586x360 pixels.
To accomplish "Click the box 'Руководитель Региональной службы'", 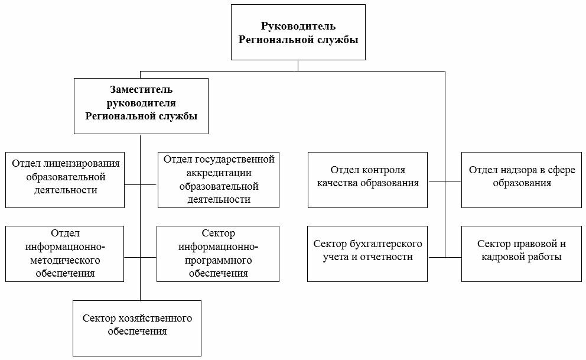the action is point(298,32).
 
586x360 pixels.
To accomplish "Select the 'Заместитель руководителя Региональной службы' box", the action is point(141,106).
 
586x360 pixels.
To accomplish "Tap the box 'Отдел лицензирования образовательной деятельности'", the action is point(64,180).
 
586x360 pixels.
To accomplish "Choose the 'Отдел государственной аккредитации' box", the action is point(218,180).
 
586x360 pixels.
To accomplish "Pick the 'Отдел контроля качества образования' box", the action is point(367,180).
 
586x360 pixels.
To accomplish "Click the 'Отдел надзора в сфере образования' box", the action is point(522,180).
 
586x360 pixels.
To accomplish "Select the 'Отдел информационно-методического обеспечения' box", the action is point(64,254).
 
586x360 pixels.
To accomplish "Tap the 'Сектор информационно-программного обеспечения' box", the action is point(218,254).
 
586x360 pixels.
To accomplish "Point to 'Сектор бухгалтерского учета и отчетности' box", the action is point(367,254).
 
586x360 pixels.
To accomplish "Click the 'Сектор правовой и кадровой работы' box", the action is point(522,254).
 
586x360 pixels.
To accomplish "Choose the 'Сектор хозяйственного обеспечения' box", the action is point(137,328).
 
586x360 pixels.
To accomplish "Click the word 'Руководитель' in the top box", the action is point(298,26).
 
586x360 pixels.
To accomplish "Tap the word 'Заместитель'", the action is point(141,90).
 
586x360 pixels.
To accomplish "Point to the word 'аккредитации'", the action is point(219,173).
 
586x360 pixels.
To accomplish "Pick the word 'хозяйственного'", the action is point(155,319).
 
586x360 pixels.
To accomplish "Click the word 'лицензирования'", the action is point(82,164).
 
